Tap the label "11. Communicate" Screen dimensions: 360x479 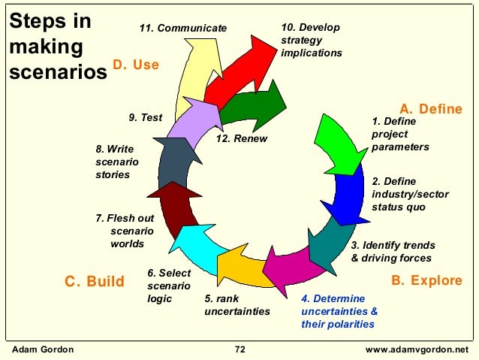pos(183,28)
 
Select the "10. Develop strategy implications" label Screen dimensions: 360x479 pos(311,41)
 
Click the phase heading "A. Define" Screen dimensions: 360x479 pos(430,109)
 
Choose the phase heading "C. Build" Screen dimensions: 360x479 pos(94,282)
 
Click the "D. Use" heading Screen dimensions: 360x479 pos(136,65)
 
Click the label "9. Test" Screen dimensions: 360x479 pos(146,117)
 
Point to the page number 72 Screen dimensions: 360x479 pos(240,349)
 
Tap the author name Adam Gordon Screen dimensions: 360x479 pos(39,349)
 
